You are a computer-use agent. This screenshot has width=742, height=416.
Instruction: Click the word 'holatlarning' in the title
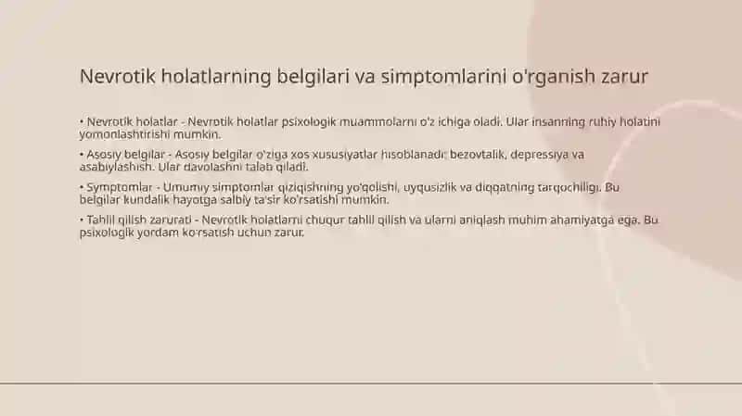[216, 76]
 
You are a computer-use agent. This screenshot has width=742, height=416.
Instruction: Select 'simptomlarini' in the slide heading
[444, 76]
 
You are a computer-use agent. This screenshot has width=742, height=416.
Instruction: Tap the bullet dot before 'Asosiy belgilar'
[82, 155]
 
